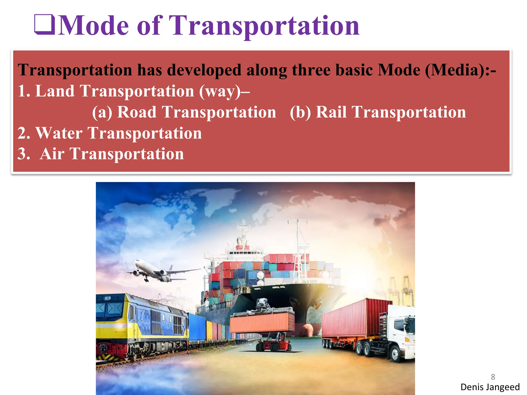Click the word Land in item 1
point(55,91)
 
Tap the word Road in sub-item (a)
point(137,112)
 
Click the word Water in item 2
point(59,133)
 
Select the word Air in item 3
point(52,154)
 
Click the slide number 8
point(493,377)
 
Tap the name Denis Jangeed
point(490,387)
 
